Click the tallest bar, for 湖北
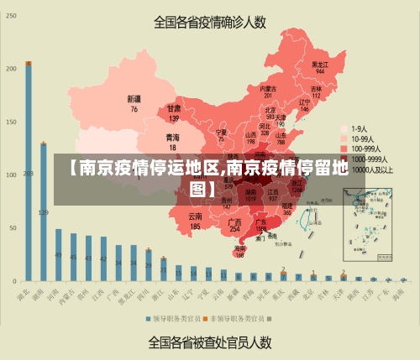[x=28, y=171]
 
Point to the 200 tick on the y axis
[x=10, y=68]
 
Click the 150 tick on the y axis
[x=10, y=121]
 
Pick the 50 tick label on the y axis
[x=12, y=227]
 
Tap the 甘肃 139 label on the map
[x=174, y=113]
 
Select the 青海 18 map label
[x=172, y=140]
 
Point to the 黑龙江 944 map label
[x=319, y=67]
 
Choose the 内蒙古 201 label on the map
[x=268, y=91]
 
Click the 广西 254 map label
[x=235, y=225]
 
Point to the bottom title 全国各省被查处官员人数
[x=209, y=342]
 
